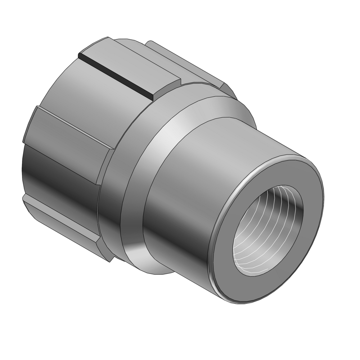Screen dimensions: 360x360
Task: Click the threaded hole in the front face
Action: tap(268, 230)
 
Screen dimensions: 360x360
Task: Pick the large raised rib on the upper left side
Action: tap(68, 130)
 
